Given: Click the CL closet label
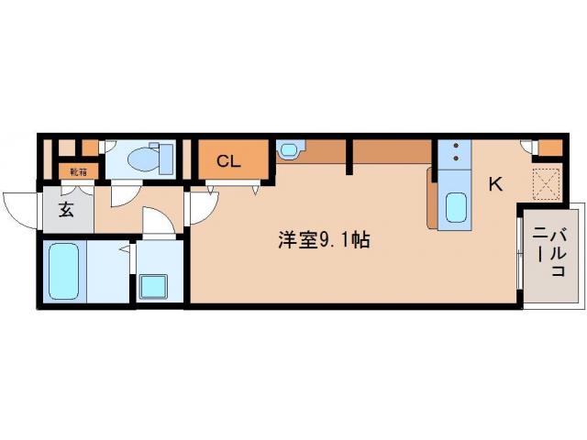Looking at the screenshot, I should (228, 162).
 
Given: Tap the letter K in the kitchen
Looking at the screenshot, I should (495, 184).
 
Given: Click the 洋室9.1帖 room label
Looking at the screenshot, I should (324, 241).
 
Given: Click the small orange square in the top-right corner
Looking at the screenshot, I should (550, 148).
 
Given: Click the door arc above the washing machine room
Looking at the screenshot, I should (158, 225).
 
